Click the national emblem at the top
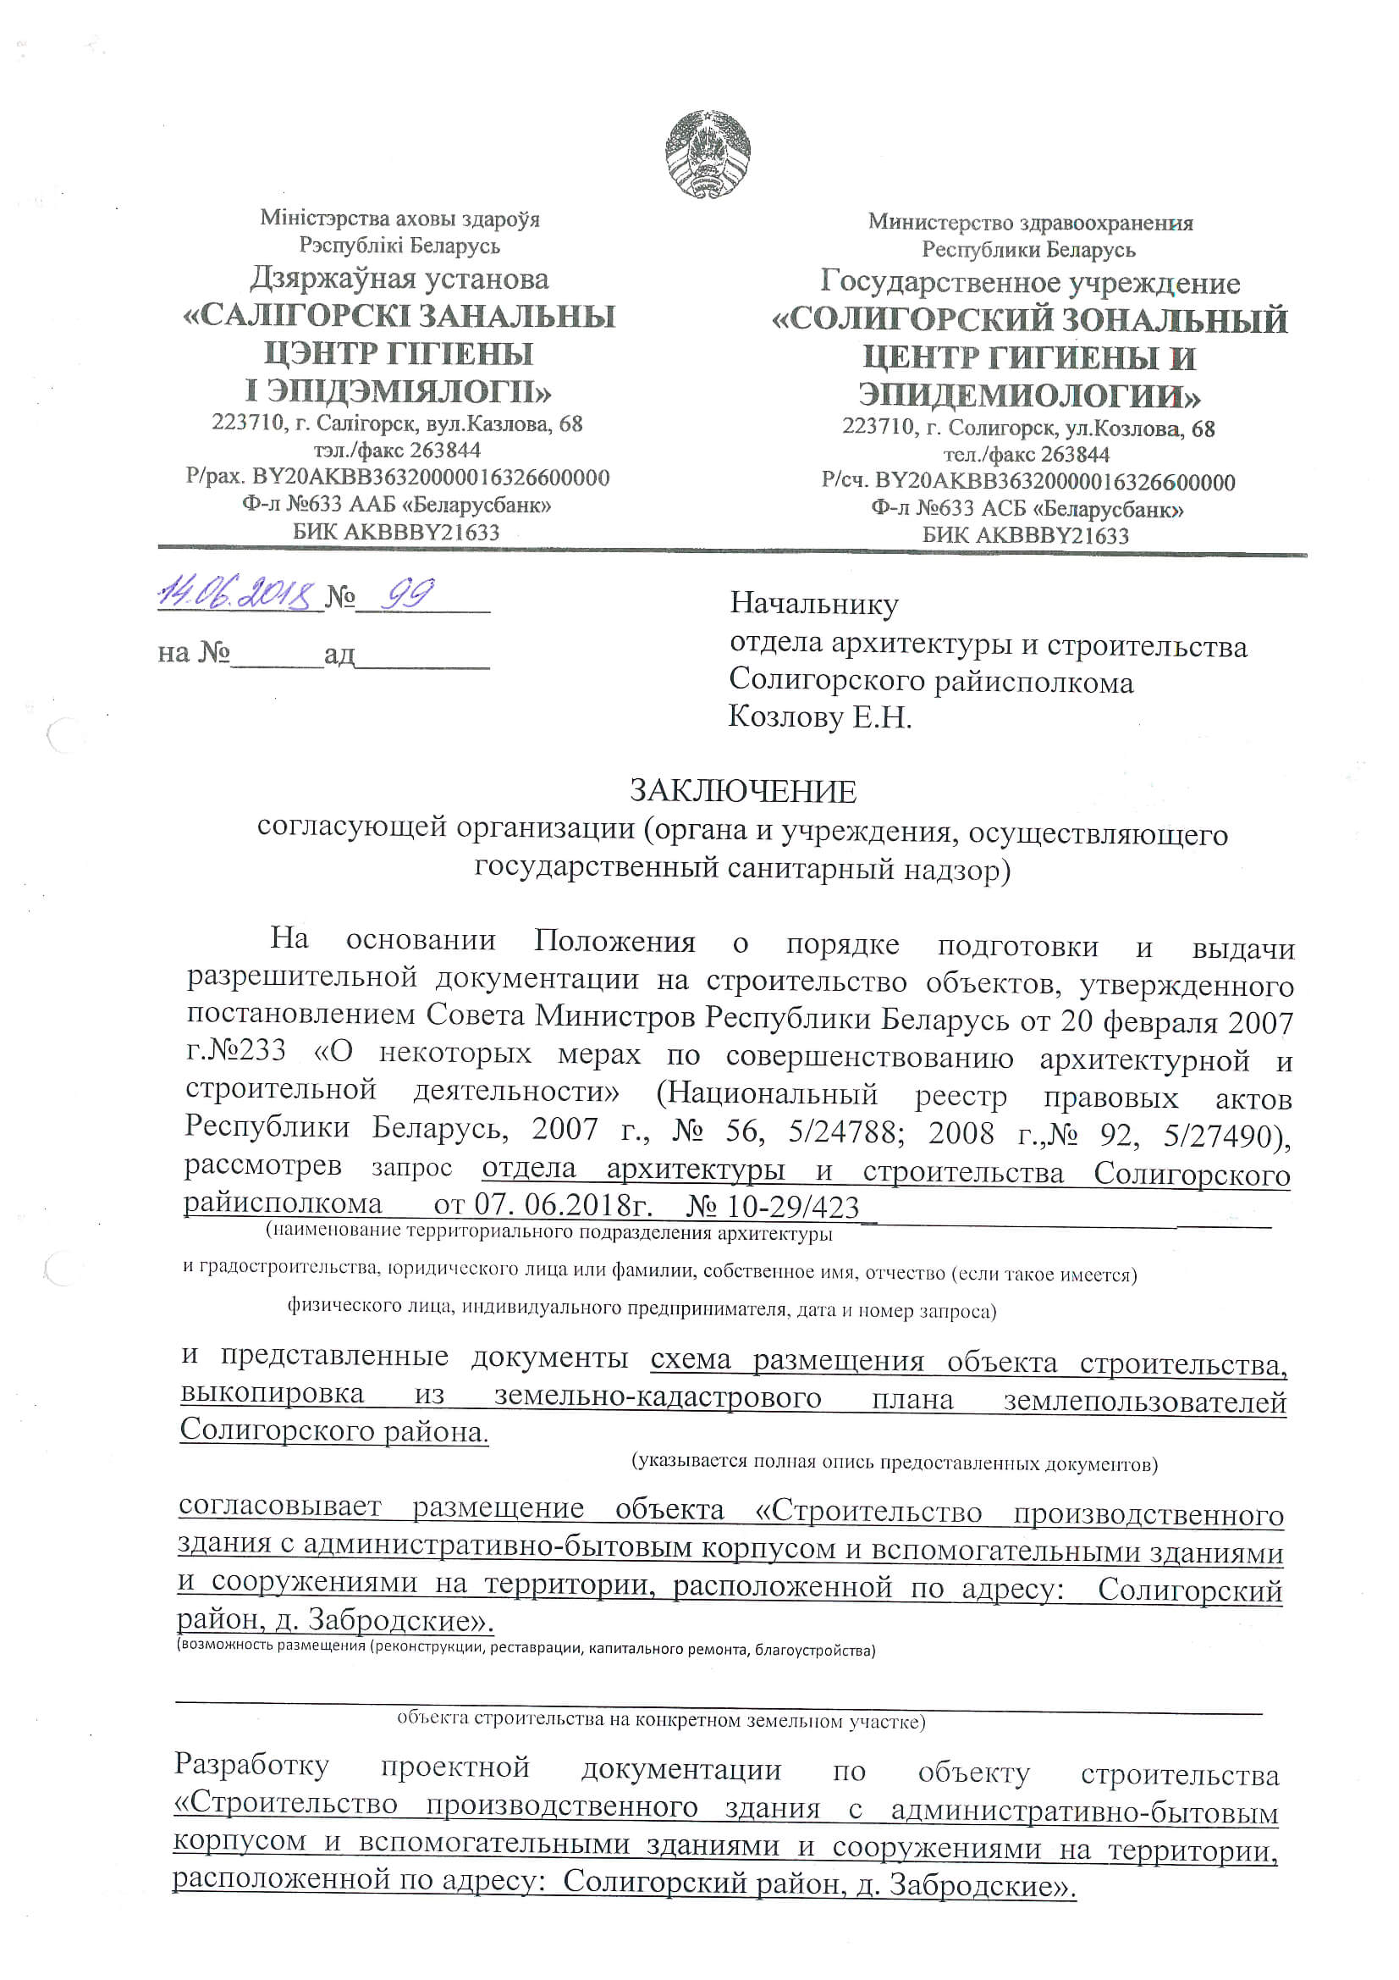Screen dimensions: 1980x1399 coord(707,154)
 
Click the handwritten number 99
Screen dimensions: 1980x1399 coord(409,594)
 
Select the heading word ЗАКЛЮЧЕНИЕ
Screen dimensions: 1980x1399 coord(743,791)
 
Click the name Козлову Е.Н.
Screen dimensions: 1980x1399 coord(820,716)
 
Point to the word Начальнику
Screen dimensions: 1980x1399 coord(813,604)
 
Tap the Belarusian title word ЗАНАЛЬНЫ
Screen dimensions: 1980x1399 coord(517,317)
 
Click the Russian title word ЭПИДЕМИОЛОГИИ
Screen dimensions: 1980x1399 coord(1029,395)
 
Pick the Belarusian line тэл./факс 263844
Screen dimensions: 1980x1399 coord(398,451)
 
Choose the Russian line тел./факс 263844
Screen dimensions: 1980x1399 coord(1027,455)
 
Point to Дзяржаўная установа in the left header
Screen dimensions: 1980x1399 coord(399,279)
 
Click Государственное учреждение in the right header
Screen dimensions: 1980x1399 coord(1030,283)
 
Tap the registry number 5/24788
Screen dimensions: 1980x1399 coord(845,1131)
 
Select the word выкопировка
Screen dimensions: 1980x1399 coord(273,1394)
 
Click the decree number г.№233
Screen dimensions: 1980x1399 coord(236,1051)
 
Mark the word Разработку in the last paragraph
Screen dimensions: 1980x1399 coord(251,1764)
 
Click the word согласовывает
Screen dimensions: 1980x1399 coord(279,1506)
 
